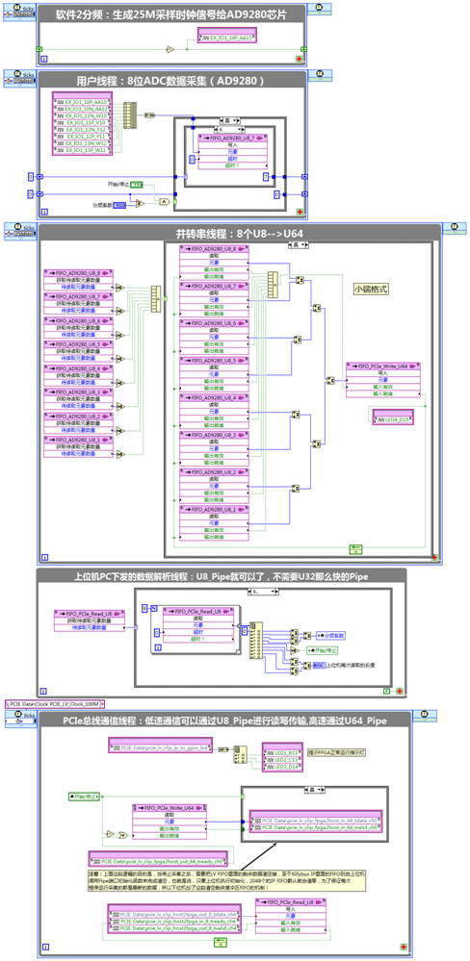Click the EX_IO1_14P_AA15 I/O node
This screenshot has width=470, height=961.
pyautogui.click(x=228, y=38)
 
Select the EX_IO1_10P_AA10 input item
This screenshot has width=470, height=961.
pyautogui.click(x=82, y=101)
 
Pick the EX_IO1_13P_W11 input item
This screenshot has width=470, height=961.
pyautogui.click(x=82, y=151)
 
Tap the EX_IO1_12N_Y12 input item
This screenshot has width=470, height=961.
pyautogui.click(x=82, y=130)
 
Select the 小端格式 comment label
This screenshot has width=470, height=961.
pyautogui.click(x=371, y=288)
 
